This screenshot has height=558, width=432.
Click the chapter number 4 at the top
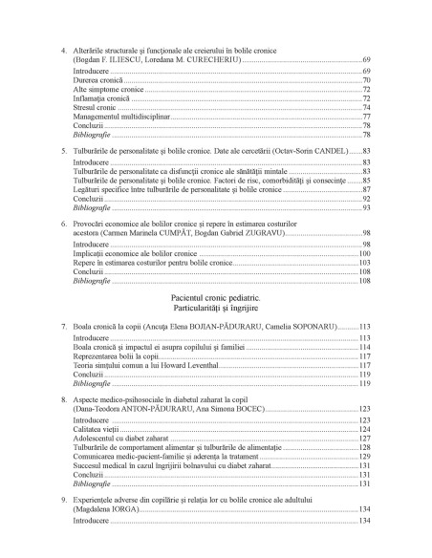(x=63, y=48)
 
